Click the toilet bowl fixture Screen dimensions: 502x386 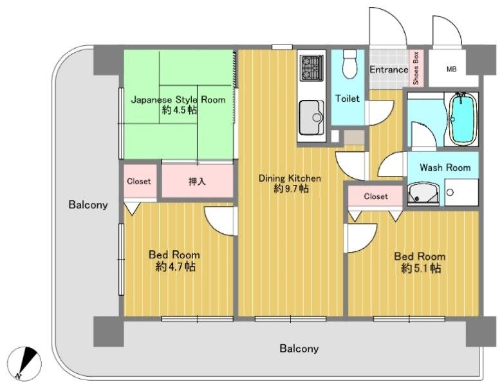(349, 64)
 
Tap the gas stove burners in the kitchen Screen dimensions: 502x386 (311, 68)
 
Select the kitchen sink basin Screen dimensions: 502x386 (311, 118)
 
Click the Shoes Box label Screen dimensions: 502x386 (416, 68)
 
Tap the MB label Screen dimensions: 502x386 (451, 69)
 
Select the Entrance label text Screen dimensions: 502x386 (389, 70)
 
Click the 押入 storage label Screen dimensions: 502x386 (197, 182)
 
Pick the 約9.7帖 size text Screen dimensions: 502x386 (291, 189)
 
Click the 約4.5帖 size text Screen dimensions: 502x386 (180, 110)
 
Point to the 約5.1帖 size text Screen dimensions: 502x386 (421, 267)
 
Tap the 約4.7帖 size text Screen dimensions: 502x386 (176, 267)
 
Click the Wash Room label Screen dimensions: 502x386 (445, 168)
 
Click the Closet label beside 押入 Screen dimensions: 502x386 (138, 182)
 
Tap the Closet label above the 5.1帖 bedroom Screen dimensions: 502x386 (376, 196)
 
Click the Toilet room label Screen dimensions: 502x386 (348, 99)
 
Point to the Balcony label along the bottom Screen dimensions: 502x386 (299, 349)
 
